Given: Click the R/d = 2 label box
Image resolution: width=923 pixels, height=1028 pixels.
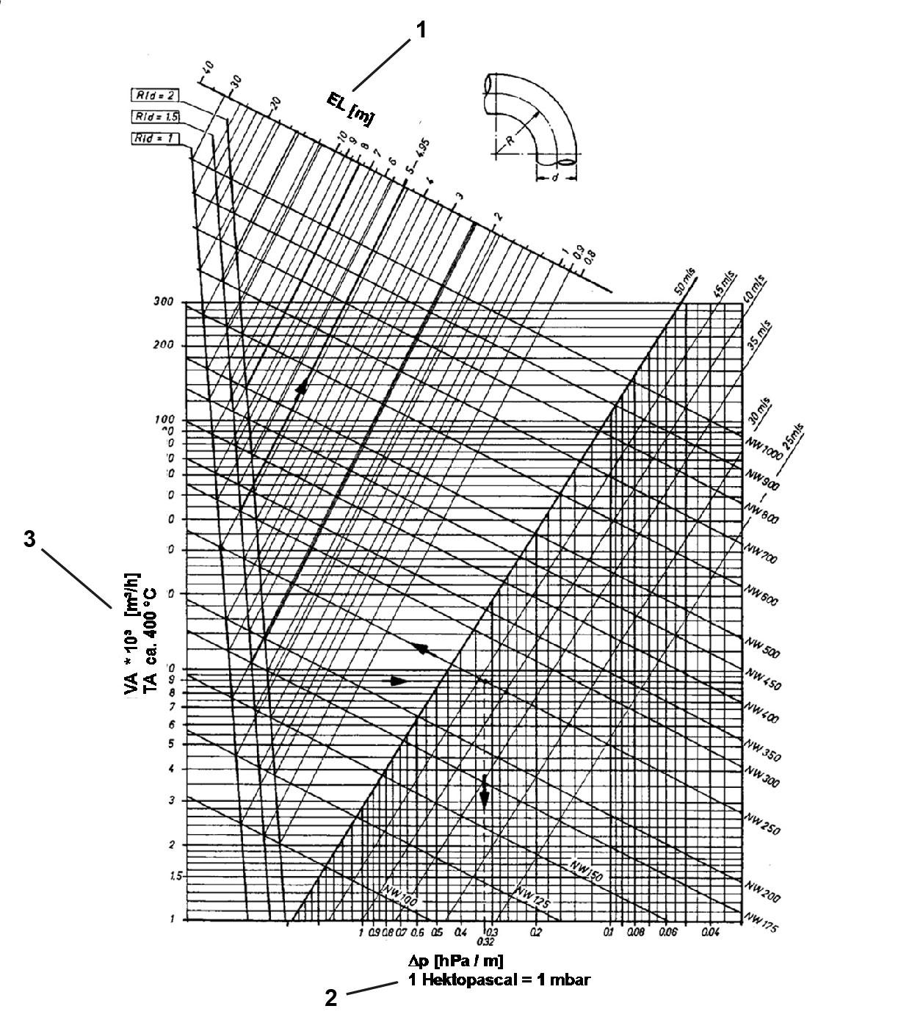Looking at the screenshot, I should pyautogui.click(x=153, y=95).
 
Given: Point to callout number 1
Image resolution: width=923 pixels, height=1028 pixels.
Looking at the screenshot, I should pyautogui.click(x=421, y=30).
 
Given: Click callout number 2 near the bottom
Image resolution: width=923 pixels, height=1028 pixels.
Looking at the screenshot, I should pyautogui.click(x=331, y=998).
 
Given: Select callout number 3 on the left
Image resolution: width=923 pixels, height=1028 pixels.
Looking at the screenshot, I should pyautogui.click(x=29, y=539).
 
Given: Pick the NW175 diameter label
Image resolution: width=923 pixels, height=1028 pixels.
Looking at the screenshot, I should pyautogui.click(x=761, y=922).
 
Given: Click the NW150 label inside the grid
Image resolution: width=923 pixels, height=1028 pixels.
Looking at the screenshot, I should pyautogui.click(x=586, y=869).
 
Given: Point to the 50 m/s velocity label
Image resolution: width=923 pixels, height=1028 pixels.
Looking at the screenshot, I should pyautogui.click(x=684, y=283).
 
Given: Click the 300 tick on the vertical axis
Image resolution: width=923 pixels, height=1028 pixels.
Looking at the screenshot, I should pyautogui.click(x=163, y=301).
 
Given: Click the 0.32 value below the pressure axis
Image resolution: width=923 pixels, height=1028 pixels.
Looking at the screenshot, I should pyautogui.click(x=484, y=941).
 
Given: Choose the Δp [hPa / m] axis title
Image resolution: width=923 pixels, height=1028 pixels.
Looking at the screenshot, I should pyautogui.click(x=455, y=960).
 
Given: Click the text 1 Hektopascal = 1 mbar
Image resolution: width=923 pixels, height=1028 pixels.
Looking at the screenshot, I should pyautogui.click(x=499, y=980).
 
